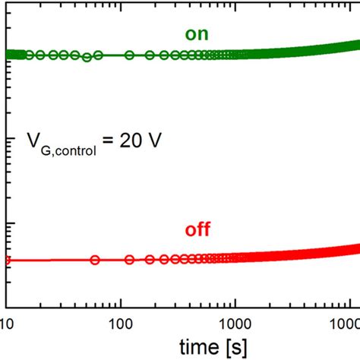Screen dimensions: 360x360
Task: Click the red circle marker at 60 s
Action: [95, 260]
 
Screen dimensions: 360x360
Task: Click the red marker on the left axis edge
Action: [7, 261]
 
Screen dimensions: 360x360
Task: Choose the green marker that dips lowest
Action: [87, 58]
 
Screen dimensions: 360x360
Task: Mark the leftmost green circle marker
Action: [11, 55]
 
